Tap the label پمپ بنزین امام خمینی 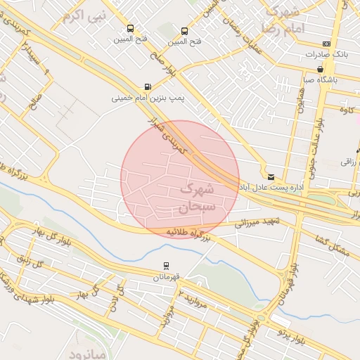[x=148, y=98]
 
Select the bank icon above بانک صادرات [x=326, y=43]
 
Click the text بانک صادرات [x=327, y=54]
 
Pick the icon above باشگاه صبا [x=321, y=69]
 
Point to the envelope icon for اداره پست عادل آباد [x=271, y=176]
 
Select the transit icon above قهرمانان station [x=165, y=266]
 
